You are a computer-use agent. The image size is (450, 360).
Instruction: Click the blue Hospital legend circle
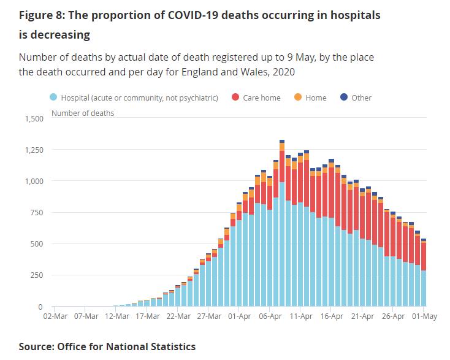coord(53,98)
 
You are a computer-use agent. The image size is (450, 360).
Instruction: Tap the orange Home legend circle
coord(298,98)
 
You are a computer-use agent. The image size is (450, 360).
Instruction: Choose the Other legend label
coord(361,98)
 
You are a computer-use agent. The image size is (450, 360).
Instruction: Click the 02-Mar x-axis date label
coord(55,316)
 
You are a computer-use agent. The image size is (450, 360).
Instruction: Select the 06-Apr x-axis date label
coord(270,316)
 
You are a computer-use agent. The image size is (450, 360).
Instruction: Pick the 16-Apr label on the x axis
coord(332,316)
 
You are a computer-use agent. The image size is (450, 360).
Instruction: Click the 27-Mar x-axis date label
coord(209,316)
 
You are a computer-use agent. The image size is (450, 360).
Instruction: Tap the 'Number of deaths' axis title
coord(82,113)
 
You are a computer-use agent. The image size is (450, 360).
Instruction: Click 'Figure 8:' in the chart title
coord(42,15)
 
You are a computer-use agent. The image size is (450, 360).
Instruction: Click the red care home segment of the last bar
coord(423,256)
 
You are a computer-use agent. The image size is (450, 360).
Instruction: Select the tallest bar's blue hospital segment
coord(282,245)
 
